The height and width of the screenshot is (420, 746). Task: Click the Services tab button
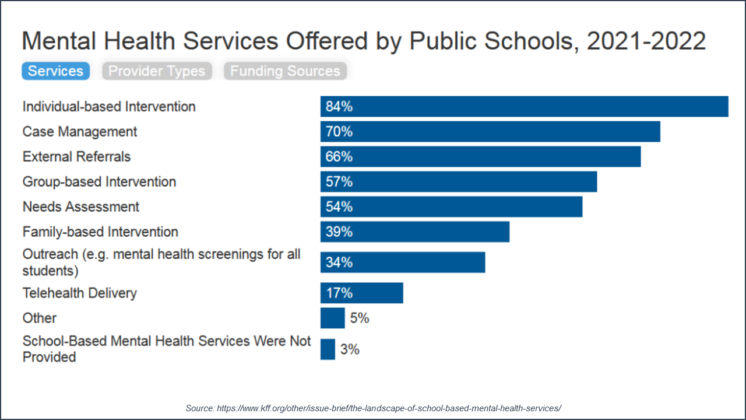point(55,71)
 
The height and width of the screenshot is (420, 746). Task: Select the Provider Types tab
point(157,71)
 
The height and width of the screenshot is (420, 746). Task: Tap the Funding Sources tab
point(285,71)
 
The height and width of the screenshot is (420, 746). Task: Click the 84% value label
point(339,107)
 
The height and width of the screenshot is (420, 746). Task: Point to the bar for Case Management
point(490,132)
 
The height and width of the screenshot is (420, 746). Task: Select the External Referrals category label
point(76,157)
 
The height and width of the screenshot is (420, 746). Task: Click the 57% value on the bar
point(339,182)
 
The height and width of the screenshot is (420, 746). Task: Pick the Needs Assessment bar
point(451,207)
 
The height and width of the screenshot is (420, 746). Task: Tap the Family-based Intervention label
point(100,232)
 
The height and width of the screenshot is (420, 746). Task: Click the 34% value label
point(339,262)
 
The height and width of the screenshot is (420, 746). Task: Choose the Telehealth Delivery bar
point(361,293)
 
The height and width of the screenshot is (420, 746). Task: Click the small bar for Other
point(332,318)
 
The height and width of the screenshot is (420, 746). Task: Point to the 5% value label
point(360,318)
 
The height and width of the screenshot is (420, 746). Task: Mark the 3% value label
point(350,349)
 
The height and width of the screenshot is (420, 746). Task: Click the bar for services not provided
point(328,349)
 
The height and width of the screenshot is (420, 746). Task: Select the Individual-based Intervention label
point(109,107)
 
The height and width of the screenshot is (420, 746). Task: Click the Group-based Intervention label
point(99,182)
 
